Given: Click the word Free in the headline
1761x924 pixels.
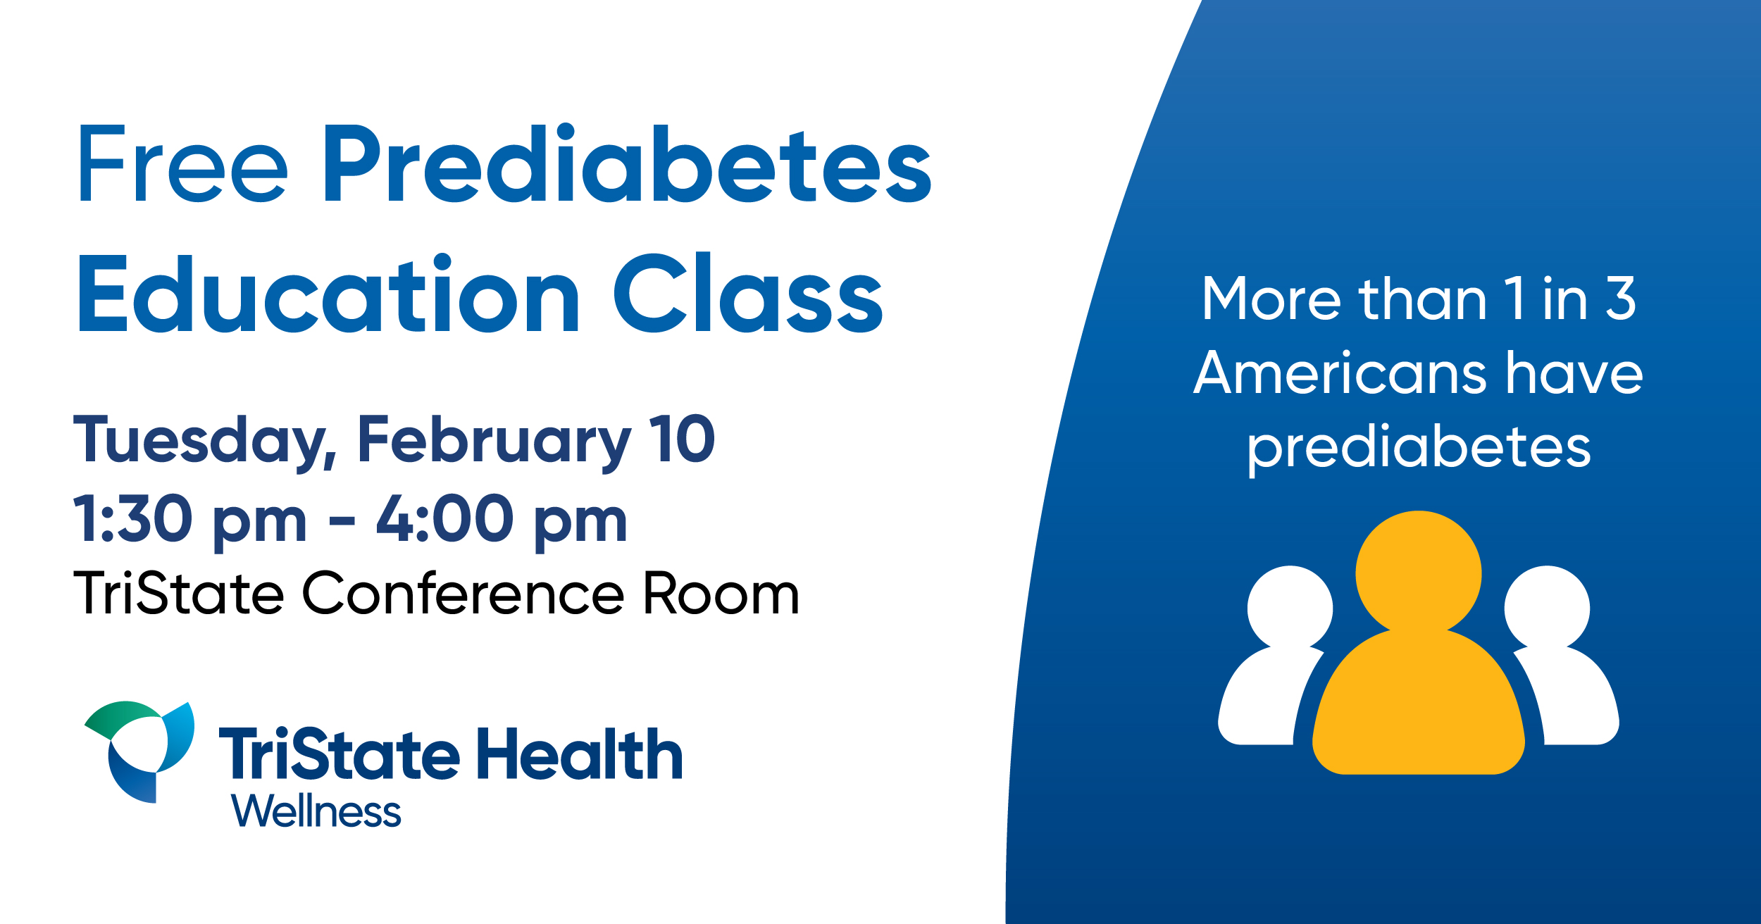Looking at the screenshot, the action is coord(183,163).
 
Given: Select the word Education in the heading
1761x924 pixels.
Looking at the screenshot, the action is coord(329,293).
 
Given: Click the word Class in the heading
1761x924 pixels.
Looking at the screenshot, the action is coord(749,293).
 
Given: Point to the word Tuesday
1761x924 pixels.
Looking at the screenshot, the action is coord(205,442).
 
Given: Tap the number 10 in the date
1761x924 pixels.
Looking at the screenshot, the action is coord(682,438).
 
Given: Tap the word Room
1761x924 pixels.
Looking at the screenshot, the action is coord(721,593).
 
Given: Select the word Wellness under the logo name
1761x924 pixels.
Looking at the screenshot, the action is coord(316,811).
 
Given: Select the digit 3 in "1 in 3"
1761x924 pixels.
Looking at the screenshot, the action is coord(1621,298).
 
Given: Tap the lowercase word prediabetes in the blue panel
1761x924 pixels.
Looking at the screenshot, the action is coord(1419,449).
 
